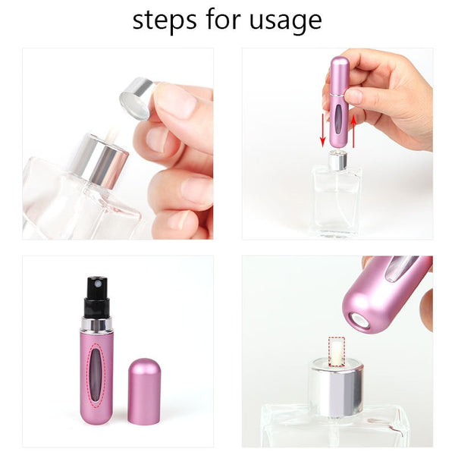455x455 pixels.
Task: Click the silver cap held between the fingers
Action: click(x=138, y=98)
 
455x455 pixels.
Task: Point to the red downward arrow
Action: click(x=322, y=132)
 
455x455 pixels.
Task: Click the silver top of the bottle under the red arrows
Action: click(x=337, y=159)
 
